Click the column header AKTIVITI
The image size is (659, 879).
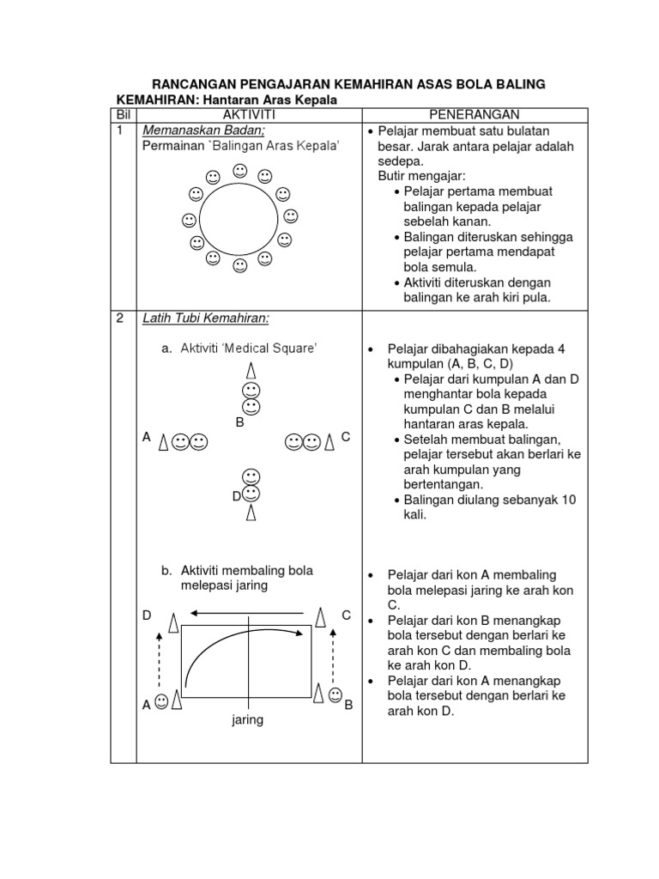248,115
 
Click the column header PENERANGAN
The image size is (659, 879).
474,115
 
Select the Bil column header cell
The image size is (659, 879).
123,115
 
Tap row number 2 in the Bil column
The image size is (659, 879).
121,318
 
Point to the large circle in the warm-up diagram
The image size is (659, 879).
238,218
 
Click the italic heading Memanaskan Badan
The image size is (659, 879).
203,130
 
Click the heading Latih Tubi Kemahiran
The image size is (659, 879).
206,318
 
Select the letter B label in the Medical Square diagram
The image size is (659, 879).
240,422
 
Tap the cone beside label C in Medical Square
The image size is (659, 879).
329,442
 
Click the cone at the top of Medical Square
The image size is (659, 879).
251,371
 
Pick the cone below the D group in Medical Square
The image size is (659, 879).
251,512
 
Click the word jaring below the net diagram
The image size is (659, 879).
247,720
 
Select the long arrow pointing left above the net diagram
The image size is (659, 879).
247,614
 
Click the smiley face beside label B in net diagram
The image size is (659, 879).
335,694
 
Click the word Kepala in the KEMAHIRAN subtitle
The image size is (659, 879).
314,100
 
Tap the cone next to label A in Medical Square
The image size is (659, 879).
163,442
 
